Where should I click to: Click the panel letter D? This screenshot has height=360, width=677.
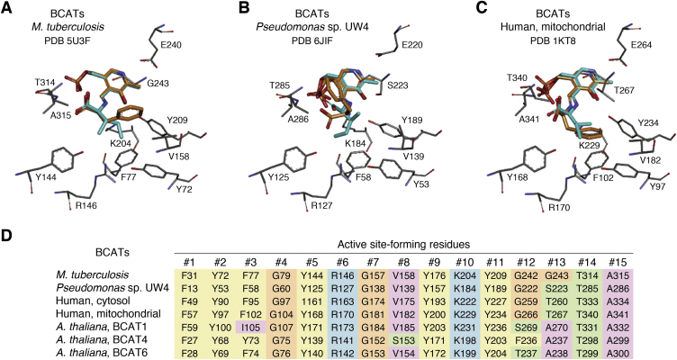coord(8,237)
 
